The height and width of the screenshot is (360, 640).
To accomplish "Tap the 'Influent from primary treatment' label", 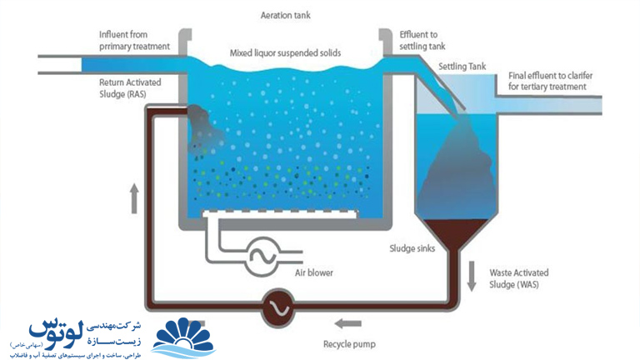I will coord(134,40).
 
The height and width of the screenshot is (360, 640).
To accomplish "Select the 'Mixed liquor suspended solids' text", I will coord(285,53).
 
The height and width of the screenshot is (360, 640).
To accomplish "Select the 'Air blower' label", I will coord(315,272).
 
